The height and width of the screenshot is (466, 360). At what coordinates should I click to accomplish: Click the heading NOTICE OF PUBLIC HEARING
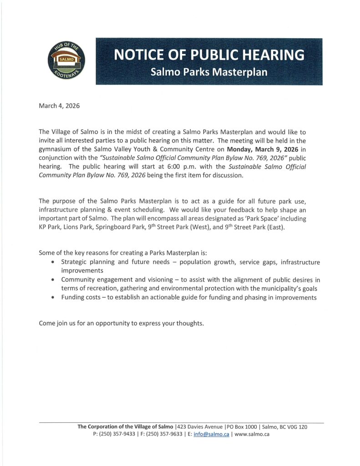tap(209, 55)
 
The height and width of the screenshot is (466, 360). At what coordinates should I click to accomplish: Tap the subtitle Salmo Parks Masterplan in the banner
tap(209, 72)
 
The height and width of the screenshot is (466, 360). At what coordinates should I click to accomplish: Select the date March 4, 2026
tap(59, 106)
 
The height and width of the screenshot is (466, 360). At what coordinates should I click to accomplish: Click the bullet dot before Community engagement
tap(54, 280)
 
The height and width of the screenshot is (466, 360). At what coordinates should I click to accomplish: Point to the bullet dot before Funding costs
tap(54, 298)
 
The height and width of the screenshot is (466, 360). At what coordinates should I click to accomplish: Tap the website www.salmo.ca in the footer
tap(252, 434)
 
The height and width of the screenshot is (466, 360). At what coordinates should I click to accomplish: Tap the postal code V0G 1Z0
tap(298, 427)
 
